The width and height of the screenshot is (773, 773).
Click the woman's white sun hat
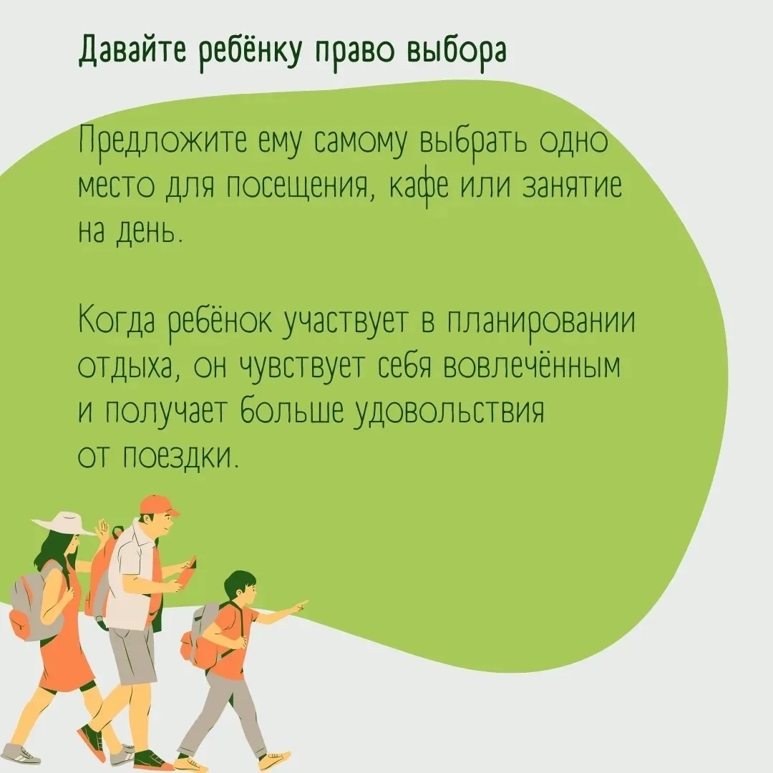point(64,524)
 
